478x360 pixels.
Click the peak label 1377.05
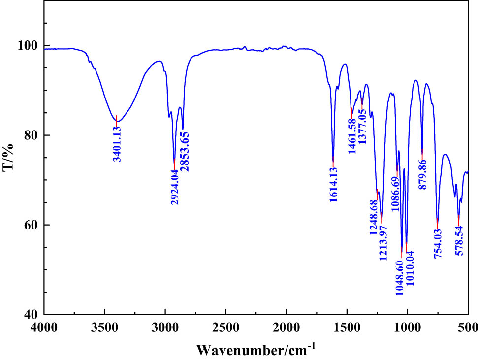coord(362,126)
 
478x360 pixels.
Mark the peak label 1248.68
coord(375,217)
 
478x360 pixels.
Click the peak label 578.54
coord(459,241)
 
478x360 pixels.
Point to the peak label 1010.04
coord(410,272)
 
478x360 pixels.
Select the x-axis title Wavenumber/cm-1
coord(256,348)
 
